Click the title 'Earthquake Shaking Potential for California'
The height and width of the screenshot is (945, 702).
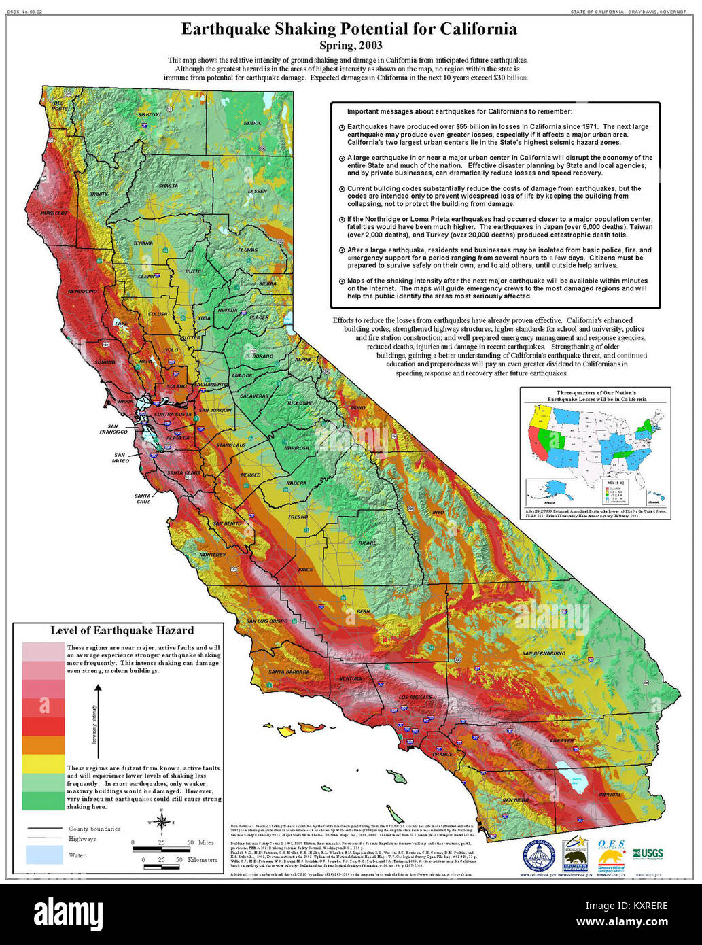(349, 29)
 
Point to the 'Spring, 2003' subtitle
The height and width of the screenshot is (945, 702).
(351, 46)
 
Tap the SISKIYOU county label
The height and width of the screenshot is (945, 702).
(150, 115)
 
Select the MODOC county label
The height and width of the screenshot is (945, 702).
(252, 123)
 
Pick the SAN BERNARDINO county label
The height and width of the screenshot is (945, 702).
(543, 653)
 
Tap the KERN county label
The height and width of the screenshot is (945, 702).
(364, 611)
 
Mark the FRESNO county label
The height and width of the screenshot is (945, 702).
(298, 517)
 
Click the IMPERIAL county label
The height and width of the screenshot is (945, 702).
(610, 794)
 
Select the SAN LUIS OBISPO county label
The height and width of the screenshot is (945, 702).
(267, 621)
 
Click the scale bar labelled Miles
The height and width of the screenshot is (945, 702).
(163, 848)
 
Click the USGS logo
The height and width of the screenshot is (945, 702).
(648, 853)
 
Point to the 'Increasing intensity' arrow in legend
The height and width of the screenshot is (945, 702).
(98, 714)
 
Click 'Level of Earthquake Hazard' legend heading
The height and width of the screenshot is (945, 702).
(122, 630)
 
